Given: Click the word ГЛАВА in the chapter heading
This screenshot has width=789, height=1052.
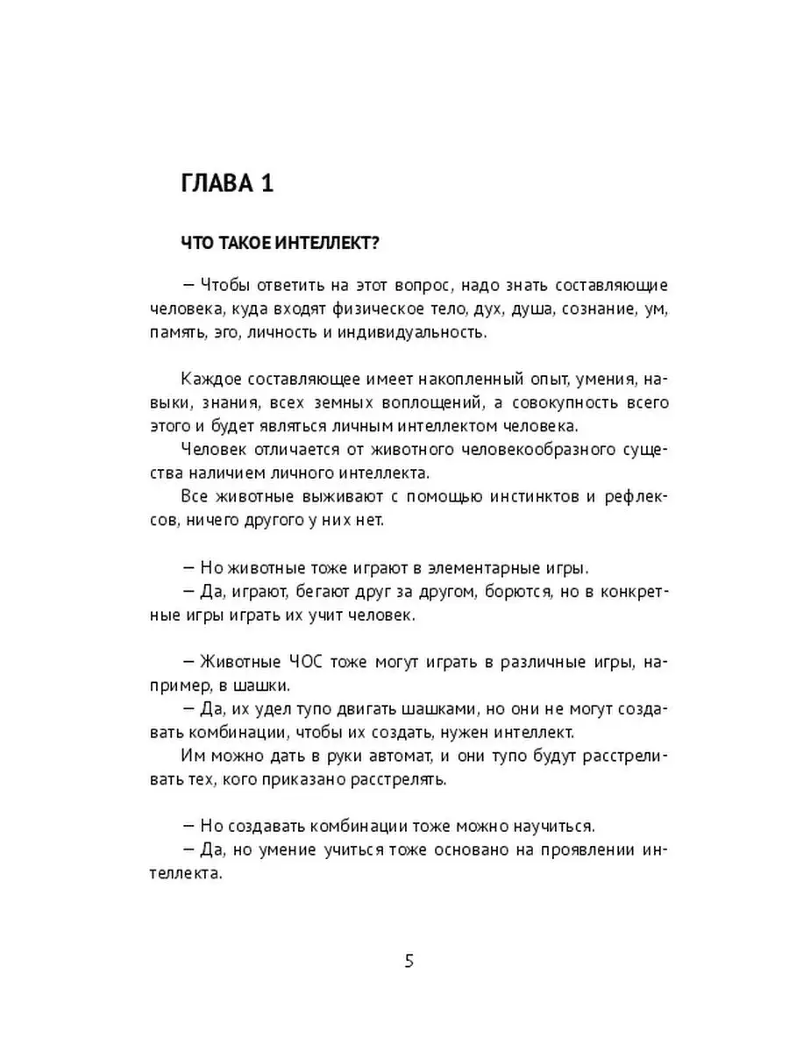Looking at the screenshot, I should click(x=217, y=186).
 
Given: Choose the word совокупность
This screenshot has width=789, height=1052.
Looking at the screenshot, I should click(x=579, y=402).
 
